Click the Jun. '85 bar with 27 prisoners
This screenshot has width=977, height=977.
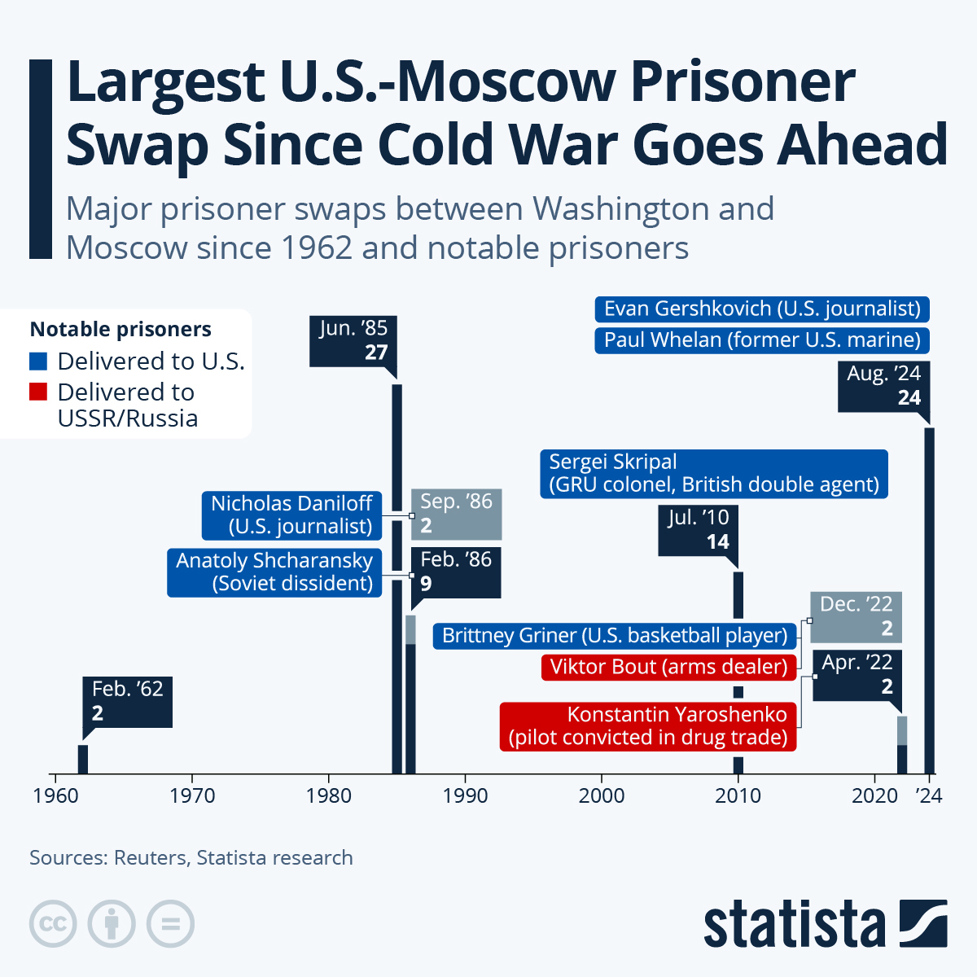(397, 578)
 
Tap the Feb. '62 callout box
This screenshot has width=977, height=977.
(128, 701)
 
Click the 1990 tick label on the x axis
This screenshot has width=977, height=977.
(465, 795)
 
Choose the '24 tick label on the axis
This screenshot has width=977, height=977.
(929, 795)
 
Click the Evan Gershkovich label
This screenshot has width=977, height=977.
(762, 309)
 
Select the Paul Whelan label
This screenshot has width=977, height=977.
(762, 340)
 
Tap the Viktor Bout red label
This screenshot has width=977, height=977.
(668, 667)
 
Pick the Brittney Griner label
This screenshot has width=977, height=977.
(615, 635)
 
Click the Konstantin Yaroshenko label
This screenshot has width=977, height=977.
(648, 725)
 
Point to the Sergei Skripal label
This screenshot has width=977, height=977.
(713, 473)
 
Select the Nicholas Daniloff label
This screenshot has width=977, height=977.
(291, 515)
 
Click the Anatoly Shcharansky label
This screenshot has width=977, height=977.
(274, 572)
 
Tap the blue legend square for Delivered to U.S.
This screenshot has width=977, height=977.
(38, 361)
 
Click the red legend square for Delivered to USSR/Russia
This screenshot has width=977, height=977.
(38, 392)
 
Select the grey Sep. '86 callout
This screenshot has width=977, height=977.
(456, 514)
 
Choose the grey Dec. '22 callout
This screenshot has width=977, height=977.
(856, 616)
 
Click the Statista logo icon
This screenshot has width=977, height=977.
(923, 923)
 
